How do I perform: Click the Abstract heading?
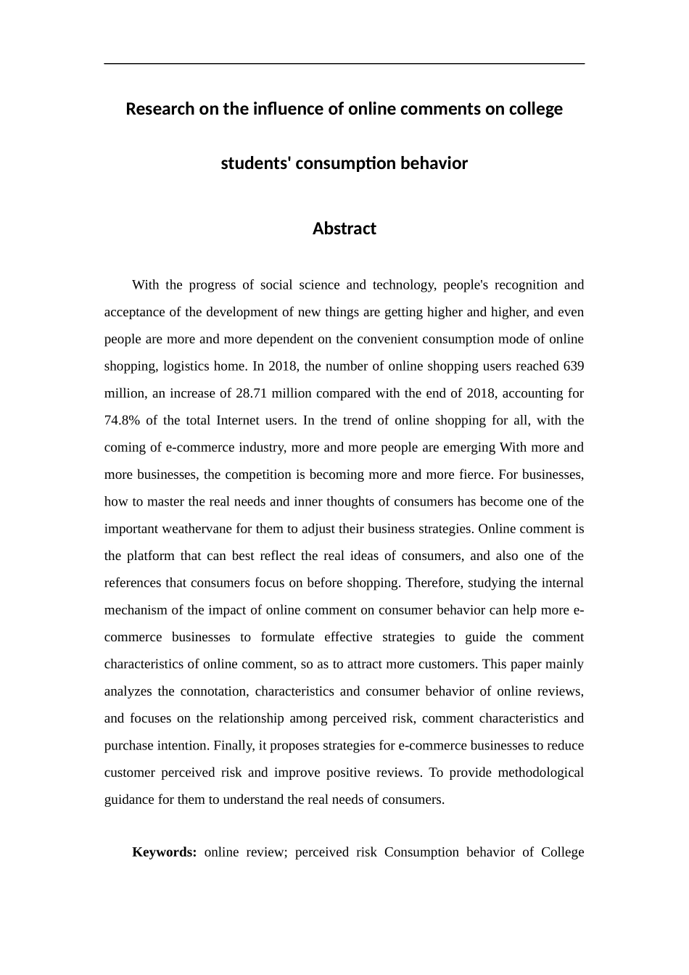[x=344, y=229]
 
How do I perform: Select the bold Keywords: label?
[x=164, y=852]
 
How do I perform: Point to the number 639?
[x=573, y=366]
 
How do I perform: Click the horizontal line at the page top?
[x=344, y=64]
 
